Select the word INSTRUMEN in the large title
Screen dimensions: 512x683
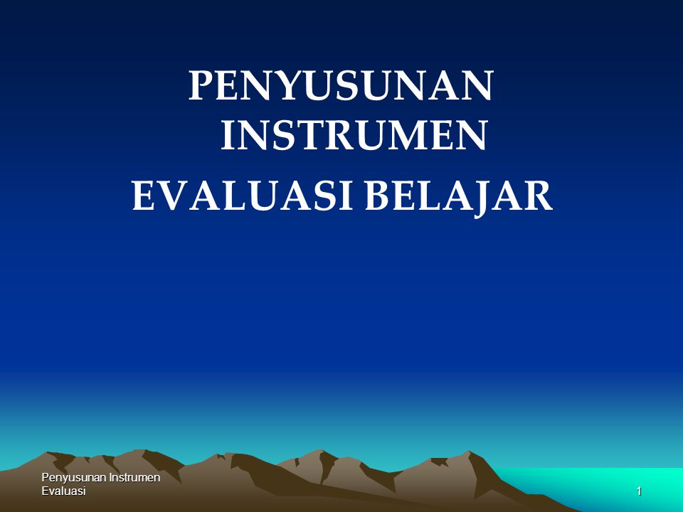coord(353,137)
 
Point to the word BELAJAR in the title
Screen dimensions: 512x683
coord(458,196)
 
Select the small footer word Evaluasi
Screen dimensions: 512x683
coord(63,491)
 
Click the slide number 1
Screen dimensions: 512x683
coord(640,491)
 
